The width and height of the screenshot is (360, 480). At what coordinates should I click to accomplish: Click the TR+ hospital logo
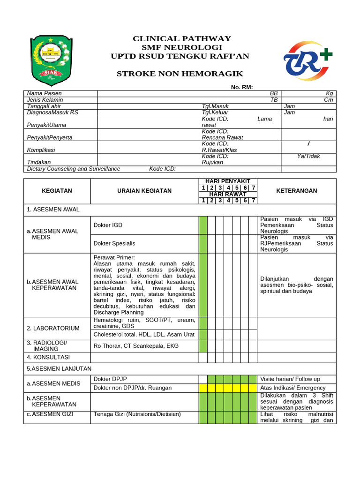307,60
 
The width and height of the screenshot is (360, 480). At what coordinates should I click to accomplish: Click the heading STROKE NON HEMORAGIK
180,74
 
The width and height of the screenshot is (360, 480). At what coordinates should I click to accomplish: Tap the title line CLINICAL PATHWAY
182,38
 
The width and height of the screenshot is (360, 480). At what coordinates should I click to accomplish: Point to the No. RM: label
242,87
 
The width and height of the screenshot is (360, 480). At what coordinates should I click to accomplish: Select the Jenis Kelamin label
45,100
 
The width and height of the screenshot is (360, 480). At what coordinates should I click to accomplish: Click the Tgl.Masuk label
215,106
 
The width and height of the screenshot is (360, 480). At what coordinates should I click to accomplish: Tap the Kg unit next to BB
329,94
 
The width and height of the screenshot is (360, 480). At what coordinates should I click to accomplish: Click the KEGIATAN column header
57,191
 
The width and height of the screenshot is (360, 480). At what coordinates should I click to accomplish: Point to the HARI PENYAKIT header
227,181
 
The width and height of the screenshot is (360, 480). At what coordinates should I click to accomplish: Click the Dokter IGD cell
108,225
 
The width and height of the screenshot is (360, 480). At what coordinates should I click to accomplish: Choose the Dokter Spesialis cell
114,243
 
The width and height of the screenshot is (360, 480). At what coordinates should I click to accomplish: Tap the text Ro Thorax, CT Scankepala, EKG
136,346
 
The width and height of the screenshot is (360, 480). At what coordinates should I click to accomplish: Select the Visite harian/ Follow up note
290,379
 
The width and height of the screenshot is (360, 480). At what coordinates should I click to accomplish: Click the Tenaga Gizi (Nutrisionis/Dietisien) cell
137,414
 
